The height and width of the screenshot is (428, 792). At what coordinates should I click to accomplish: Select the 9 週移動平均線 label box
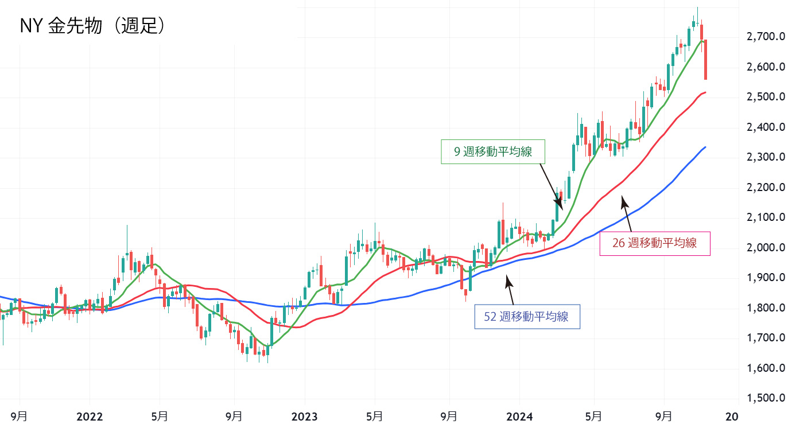(492, 151)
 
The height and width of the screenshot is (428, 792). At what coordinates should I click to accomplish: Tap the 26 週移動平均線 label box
(654, 243)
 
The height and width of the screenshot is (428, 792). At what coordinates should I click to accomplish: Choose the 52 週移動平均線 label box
(527, 316)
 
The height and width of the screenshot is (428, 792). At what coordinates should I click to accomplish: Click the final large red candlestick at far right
(705, 60)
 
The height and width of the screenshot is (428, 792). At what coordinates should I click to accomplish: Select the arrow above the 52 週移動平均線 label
(509, 290)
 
